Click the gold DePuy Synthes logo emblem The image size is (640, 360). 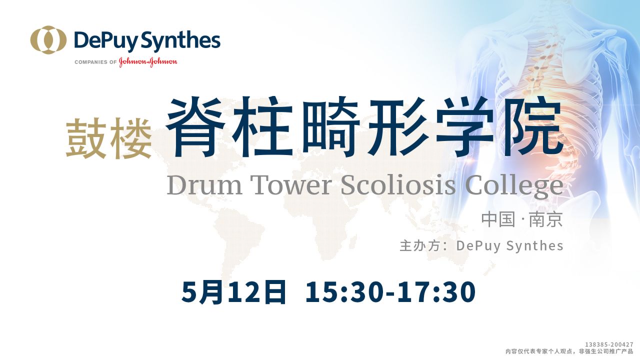point(48,40)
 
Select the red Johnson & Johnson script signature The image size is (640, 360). point(148,61)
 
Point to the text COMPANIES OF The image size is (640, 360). point(95,62)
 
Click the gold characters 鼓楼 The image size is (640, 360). point(109,138)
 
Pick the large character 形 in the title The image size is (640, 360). point(397,126)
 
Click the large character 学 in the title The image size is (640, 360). point(464,126)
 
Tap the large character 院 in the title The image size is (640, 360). point(532,126)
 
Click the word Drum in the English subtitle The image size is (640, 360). point(204,185)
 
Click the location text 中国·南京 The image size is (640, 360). point(522,219)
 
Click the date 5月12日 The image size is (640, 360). point(233,292)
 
